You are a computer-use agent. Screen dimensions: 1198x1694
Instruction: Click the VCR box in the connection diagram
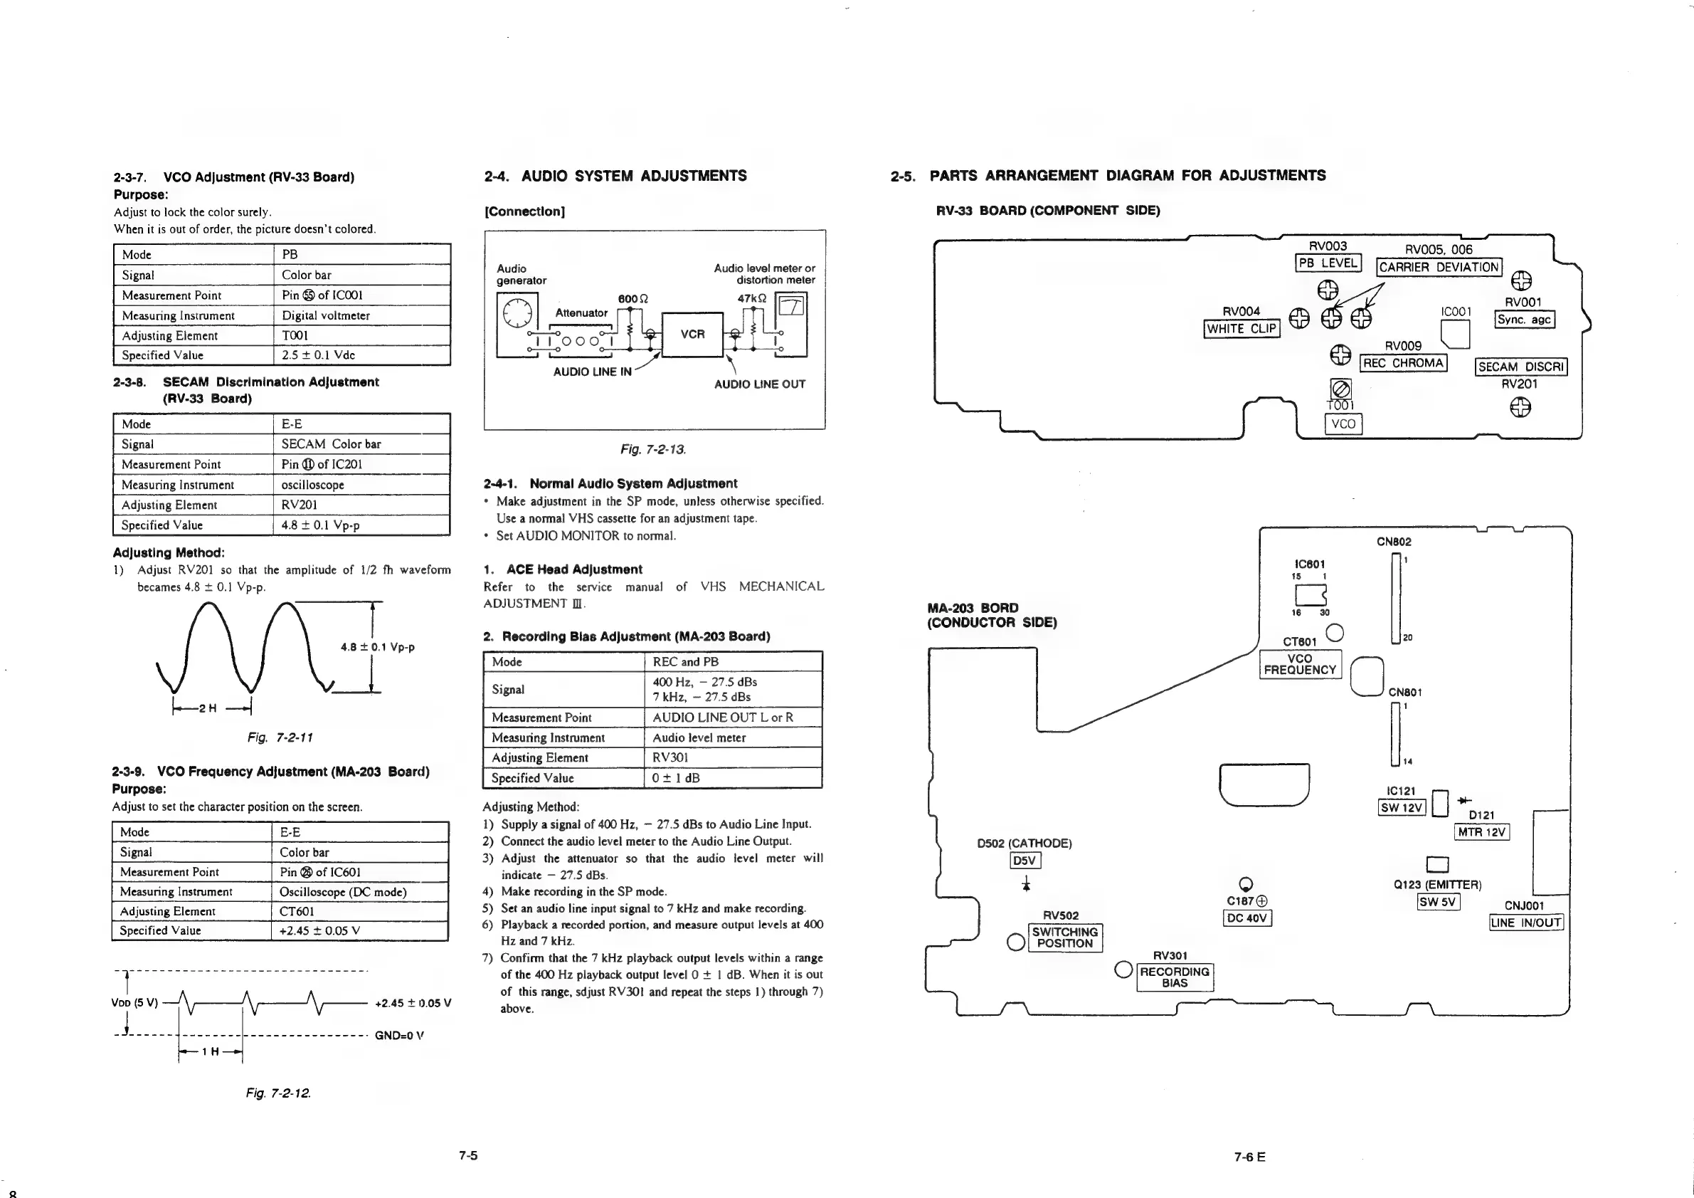click(692, 335)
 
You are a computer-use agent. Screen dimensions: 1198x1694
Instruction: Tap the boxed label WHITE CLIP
click(1242, 328)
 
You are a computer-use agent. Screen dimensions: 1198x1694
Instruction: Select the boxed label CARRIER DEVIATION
click(1439, 267)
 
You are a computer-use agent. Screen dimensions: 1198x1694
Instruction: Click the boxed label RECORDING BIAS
click(1175, 977)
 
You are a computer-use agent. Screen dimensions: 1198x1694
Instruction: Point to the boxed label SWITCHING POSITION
click(1064, 937)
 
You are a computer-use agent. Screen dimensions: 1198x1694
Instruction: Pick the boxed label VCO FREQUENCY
click(1300, 664)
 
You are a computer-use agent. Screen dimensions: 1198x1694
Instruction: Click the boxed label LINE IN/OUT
click(1526, 923)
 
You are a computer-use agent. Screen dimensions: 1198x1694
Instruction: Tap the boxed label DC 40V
click(1247, 918)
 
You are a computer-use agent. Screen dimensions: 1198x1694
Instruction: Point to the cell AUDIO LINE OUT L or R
click(723, 718)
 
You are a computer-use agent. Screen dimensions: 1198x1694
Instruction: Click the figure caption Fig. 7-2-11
click(280, 737)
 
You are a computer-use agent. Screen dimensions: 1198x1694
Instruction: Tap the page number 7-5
click(467, 1155)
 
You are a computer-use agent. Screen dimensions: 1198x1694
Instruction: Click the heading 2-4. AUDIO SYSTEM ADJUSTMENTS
click(615, 176)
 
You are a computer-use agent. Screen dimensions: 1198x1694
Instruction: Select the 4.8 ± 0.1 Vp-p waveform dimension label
click(377, 647)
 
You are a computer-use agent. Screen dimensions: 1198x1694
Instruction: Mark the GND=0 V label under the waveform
click(399, 1035)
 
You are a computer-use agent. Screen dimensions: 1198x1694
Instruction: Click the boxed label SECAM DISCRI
click(1520, 367)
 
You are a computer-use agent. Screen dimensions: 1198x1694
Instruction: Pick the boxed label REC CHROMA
click(1403, 363)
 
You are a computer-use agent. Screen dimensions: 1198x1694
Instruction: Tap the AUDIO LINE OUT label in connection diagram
click(759, 384)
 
